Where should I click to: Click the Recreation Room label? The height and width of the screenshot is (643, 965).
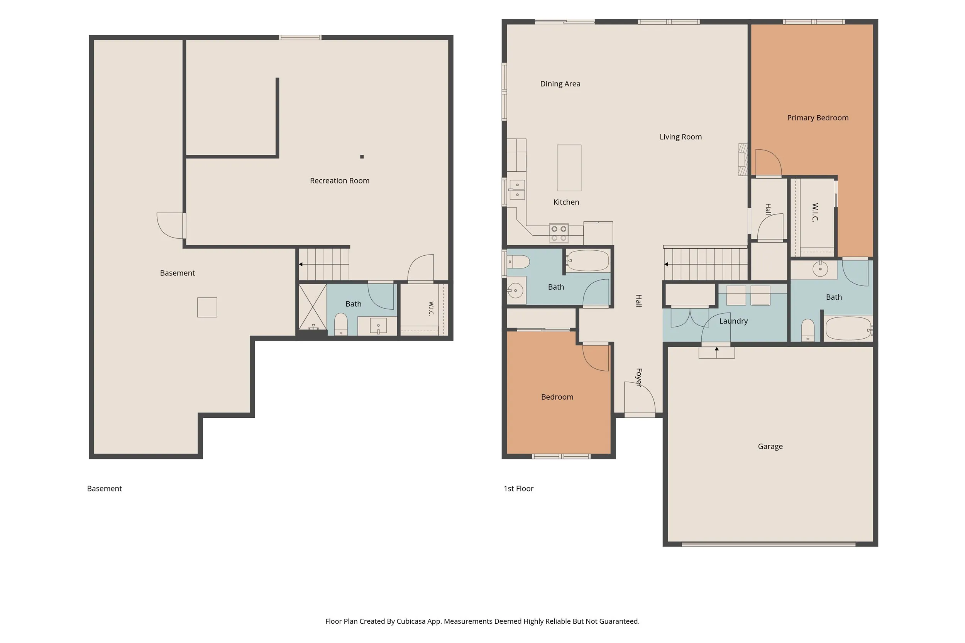[339, 181]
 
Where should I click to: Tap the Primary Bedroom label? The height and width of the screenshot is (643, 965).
[817, 118]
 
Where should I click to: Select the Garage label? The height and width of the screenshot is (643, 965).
[770, 447]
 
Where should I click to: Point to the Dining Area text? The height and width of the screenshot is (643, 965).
[560, 84]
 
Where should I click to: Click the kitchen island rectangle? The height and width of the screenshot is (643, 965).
[569, 168]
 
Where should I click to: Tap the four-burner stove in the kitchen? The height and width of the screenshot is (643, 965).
[559, 233]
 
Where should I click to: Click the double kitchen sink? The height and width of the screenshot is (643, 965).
[517, 189]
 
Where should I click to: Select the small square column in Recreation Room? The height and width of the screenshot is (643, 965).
[362, 157]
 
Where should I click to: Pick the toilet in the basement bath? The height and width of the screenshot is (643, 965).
[341, 324]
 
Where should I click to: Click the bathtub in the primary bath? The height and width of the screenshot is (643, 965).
[848, 329]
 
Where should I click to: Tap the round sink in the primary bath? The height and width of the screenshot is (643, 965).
[820, 269]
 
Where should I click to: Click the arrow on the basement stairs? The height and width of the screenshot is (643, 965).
[301, 265]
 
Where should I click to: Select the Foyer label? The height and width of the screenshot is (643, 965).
[639, 377]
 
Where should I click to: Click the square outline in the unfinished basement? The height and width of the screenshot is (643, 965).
[207, 307]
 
